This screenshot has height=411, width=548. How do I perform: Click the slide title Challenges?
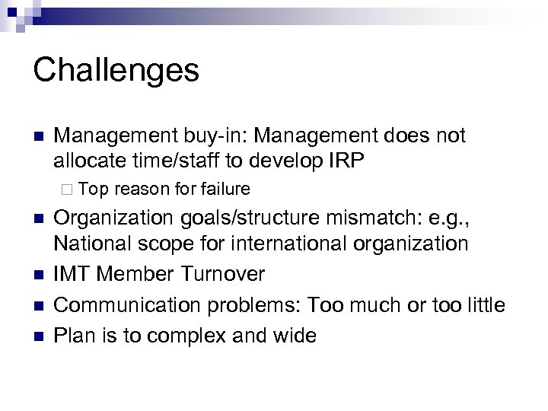tap(116, 71)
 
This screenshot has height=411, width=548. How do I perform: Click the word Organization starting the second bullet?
tap(113, 221)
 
